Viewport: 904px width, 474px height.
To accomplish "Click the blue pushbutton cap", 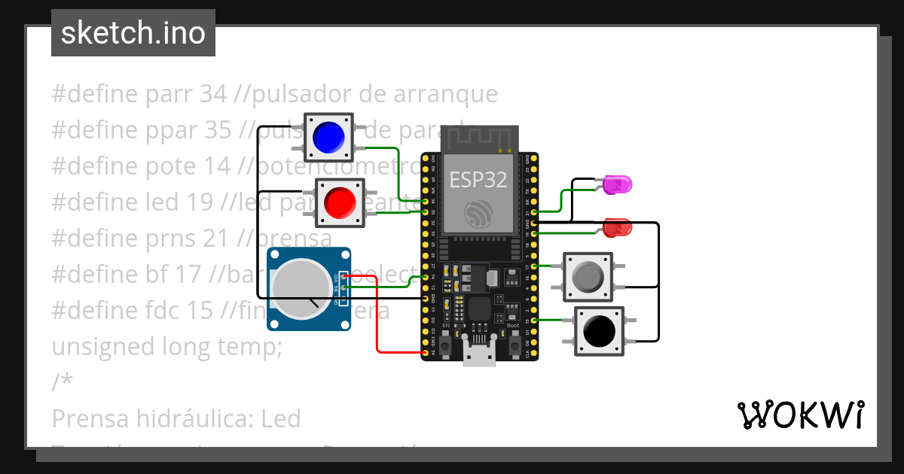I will point(328,136).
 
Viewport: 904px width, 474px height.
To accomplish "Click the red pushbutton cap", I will point(340,202).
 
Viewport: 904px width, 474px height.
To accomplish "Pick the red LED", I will point(618,226).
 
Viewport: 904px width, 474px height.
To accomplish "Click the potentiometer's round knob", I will point(301,289).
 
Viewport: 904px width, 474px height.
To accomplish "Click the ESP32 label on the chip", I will point(478,179).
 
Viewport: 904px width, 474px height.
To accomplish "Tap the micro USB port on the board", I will point(479,354).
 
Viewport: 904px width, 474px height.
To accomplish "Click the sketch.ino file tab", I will point(133,33).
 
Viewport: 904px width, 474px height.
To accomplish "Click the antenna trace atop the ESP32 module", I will point(479,138).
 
